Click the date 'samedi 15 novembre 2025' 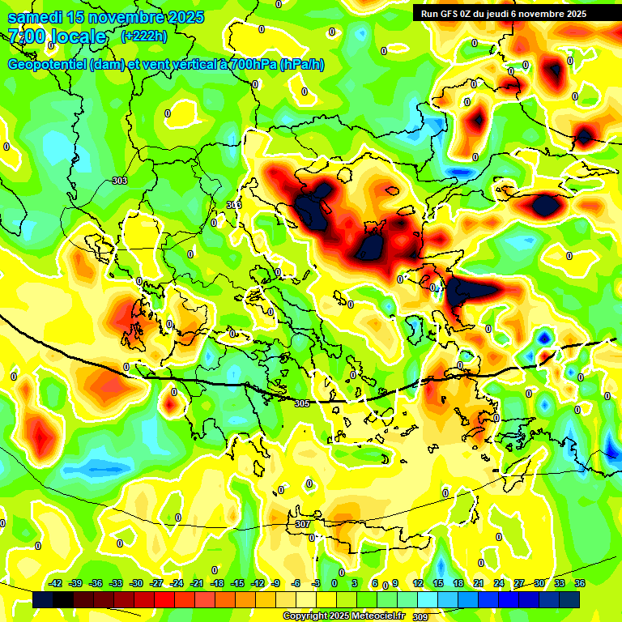pos(105,17)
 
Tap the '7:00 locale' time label pos(57,36)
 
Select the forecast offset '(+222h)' pos(144,36)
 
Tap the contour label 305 pos(302,403)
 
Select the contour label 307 pos(302,524)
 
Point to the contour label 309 pos(420,617)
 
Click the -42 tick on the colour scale pos(56,583)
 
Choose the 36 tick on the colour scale pos(580,583)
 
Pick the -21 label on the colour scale pos(197,583)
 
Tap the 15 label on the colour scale pos(438,583)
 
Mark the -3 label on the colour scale pos(317,583)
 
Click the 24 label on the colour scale pos(499,583)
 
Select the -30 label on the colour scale pos(137,583)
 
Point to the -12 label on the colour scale pos(258,583)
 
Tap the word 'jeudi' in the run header pos(515,13)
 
